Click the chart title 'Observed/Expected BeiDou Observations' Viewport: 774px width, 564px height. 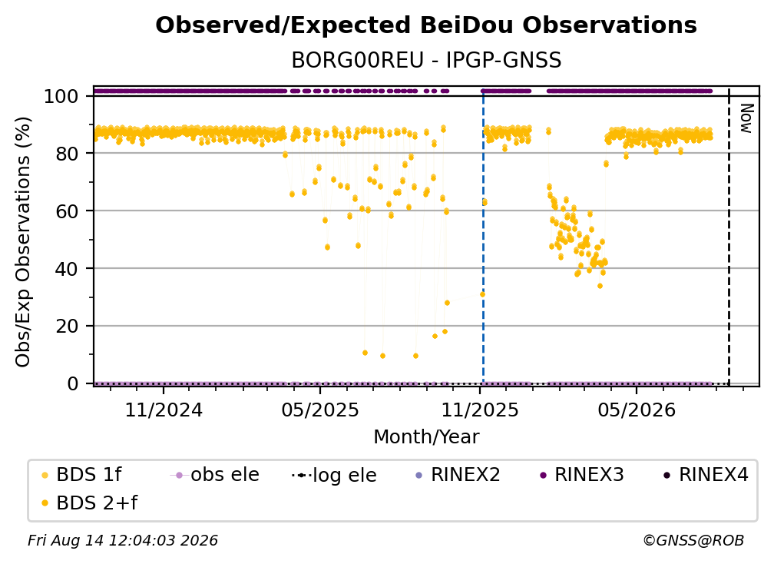click(x=426, y=25)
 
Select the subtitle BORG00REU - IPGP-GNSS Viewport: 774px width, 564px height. click(x=426, y=60)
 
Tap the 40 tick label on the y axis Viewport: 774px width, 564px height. click(x=67, y=269)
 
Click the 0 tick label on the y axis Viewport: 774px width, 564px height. click(x=73, y=383)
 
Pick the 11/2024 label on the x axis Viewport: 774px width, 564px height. click(x=164, y=410)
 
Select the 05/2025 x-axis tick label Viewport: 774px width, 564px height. click(x=320, y=410)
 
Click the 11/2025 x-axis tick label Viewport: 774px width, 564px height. click(x=480, y=410)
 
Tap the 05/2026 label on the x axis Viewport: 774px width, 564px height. click(x=637, y=410)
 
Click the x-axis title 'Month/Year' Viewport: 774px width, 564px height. click(x=426, y=437)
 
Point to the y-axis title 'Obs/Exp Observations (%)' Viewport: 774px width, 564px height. click(x=23, y=242)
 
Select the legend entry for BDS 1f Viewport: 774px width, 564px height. click(x=81, y=475)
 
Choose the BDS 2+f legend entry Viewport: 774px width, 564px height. click(x=89, y=503)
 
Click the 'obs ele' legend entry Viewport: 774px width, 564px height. click(x=215, y=475)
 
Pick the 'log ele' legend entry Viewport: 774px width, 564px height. click(x=334, y=475)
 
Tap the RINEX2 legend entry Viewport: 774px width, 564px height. click(x=458, y=475)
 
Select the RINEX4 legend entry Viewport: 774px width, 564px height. click(x=706, y=475)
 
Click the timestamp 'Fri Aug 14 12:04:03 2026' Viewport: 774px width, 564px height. click(x=123, y=540)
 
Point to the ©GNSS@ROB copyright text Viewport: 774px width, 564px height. click(x=693, y=540)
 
